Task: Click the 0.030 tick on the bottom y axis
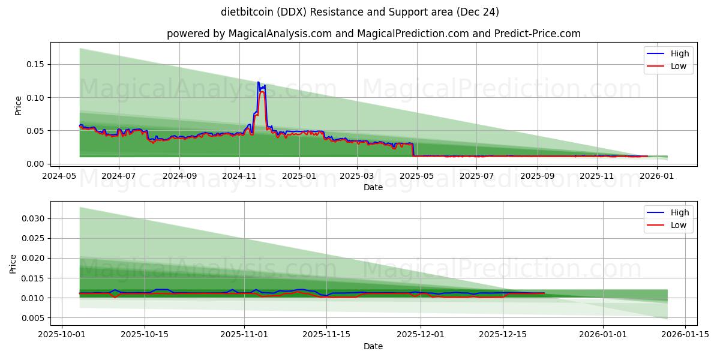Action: (34, 218)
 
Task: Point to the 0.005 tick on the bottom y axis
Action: (34, 318)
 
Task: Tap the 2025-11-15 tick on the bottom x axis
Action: (326, 335)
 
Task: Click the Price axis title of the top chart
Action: (18, 105)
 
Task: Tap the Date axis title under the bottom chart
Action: (373, 346)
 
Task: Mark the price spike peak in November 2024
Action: (259, 82)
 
